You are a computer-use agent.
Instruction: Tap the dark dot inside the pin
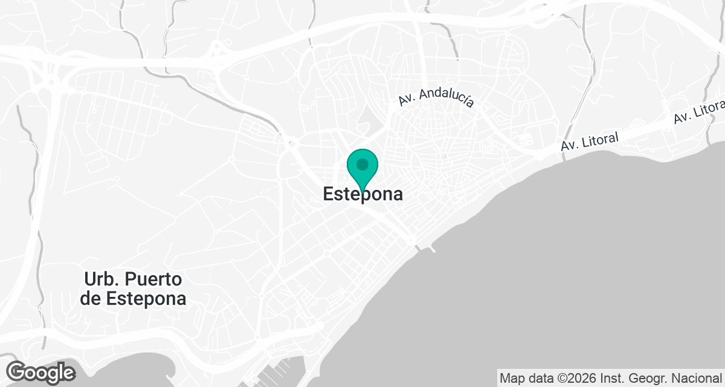click(x=362, y=164)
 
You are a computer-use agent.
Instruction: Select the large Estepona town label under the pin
click(x=362, y=195)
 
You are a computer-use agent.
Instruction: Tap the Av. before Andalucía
click(x=407, y=101)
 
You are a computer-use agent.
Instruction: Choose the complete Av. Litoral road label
click(x=590, y=142)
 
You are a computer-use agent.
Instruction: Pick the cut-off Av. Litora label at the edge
click(x=700, y=112)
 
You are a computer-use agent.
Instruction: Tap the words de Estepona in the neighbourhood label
click(x=133, y=298)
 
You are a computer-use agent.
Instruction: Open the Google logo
click(x=40, y=372)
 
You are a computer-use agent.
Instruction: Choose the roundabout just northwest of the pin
click(x=291, y=143)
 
